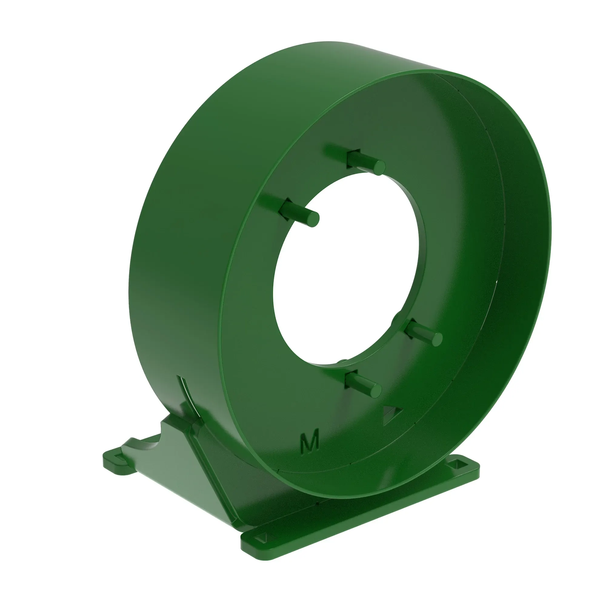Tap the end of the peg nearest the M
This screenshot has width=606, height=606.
374,390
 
